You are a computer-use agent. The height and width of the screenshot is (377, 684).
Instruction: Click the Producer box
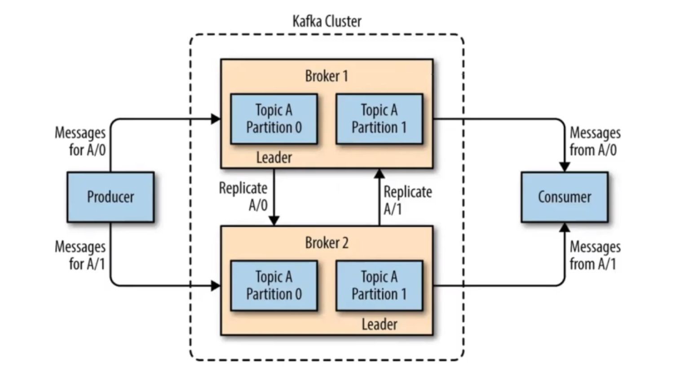pos(110,197)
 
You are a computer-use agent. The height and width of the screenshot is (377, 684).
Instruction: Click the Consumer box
pos(565,197)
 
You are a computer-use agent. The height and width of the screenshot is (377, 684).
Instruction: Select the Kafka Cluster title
pos(327,21)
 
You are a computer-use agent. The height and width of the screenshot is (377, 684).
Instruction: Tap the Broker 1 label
pos(327,76)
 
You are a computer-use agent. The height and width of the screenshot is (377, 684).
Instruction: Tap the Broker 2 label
pos(327,243)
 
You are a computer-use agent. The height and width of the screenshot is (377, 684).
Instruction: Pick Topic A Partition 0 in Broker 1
pos(274,119)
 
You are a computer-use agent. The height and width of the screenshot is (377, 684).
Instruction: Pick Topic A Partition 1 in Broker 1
pos(379,119)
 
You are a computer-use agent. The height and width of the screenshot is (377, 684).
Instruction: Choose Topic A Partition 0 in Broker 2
pos(274,285)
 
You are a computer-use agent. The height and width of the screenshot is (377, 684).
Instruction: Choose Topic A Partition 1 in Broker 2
pos(379,285)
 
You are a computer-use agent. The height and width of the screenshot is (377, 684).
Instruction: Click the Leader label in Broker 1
pos(274,158)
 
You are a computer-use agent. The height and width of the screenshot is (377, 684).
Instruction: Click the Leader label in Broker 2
pos(380,324)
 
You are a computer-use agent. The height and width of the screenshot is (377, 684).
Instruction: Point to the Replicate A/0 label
pos(243,196)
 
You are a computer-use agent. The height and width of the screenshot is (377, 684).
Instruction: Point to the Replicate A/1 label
pos(407,200)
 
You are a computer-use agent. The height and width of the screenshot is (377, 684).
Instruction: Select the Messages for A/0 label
pos(80,141)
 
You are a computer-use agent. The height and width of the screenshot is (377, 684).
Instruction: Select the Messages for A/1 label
pos(80,255)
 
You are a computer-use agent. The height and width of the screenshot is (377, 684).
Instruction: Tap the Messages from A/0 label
pos(595,141)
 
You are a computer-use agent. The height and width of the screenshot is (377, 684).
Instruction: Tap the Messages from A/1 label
pos(595,255)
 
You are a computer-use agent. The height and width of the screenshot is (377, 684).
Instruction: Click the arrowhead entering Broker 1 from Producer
pos(216,119)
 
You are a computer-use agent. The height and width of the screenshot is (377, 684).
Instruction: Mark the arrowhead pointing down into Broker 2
pos(274,221)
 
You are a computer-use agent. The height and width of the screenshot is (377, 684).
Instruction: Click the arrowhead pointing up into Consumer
pos(565,227)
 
